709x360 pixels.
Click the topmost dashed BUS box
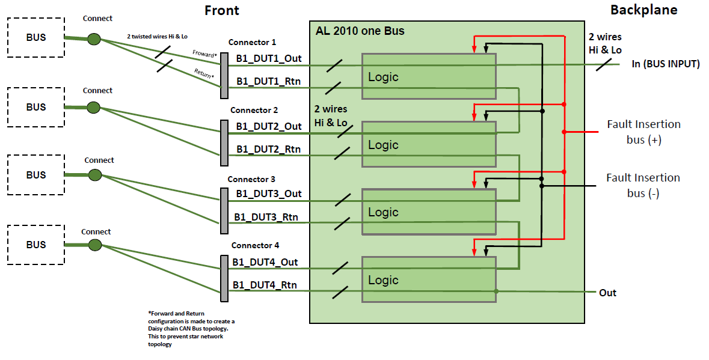[x=35, y=37]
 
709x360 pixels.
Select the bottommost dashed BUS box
[x=35, y=245]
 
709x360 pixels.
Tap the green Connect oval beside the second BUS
[x=93, y=108]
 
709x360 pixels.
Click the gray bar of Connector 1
[x=224, y=75]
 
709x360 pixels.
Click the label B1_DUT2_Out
[x=269, y=126]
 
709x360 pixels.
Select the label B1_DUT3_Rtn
[x=266, y=217]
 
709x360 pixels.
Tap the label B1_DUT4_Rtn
[x=265, y=285]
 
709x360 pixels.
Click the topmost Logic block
[x=428, y=76]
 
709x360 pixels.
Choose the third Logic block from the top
[x=428, y=212]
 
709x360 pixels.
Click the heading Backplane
[x=643, y=10]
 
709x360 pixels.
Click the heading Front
[x=221, y=11]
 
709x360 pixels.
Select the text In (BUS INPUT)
[x=665, y=64]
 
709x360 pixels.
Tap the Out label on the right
[x=607, y=293]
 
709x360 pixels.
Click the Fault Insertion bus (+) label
[x=643, y=132]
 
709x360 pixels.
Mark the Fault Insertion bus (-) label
[x=643, y=185]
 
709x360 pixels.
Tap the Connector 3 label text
[x=251, y=179]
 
